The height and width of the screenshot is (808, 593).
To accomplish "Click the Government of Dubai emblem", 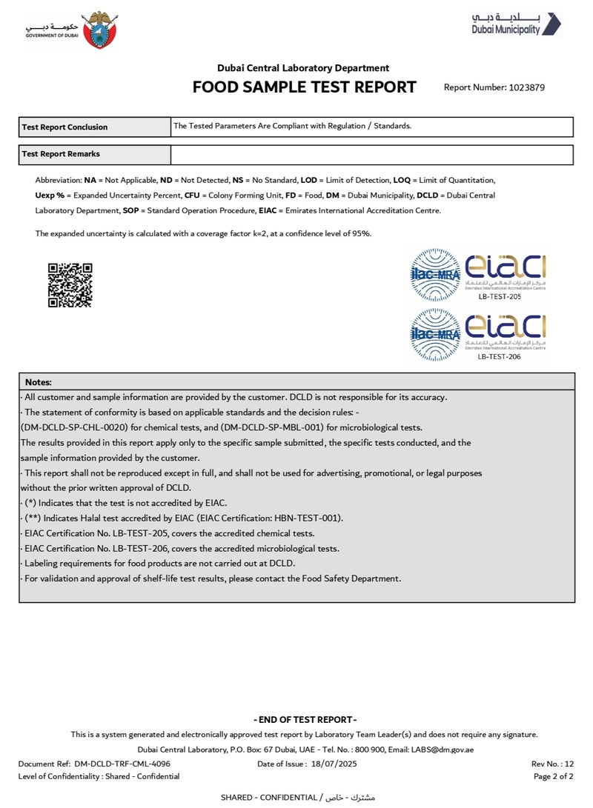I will tap(99, 30).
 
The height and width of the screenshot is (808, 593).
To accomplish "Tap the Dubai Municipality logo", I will tap(516, 24).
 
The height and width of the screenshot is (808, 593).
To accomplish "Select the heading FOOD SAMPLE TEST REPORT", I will tap(304, 87).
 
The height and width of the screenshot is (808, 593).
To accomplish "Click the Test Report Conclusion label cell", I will tap(95, 127).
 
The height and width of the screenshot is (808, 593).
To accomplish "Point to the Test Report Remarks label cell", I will tap(95, 155).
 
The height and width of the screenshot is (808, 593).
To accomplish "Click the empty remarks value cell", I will tap(371, 155).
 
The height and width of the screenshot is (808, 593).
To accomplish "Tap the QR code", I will tap(70, 285).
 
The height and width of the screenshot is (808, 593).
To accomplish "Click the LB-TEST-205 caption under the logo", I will tap(499, 296).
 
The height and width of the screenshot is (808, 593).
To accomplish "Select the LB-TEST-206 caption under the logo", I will tap(499, 357).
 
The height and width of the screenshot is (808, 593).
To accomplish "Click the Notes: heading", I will tap(39, 382).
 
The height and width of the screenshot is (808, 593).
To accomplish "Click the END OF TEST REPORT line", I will tap(305, 720).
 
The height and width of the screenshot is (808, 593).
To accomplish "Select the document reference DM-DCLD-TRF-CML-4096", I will tap(122, 764).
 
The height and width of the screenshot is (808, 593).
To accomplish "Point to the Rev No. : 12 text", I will tap(552, 764).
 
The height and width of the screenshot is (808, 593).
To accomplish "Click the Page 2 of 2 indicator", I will tap(553, 776).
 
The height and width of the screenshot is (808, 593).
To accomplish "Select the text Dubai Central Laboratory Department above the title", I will tap(303, 68).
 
